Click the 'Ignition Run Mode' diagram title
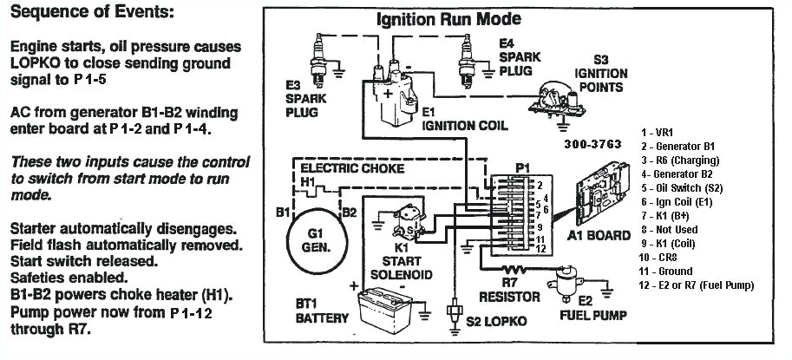[448, 19]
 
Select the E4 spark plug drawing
[468, 58]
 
